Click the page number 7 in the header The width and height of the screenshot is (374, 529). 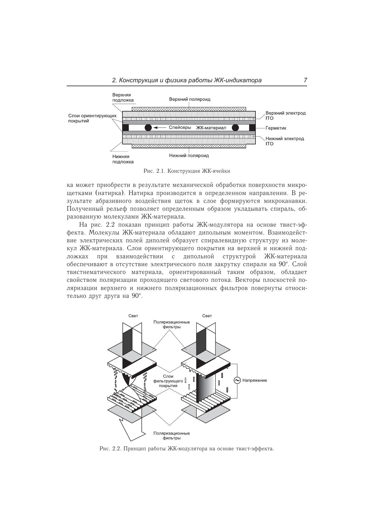pyautogui.click(x=305, y=80)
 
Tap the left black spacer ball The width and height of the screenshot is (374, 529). pyautogui.click(x=148, y=128)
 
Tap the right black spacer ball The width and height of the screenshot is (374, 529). pyautogui.click(x=235, y=128)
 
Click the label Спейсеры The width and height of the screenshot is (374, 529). pyautogui.click(x=180, y=128)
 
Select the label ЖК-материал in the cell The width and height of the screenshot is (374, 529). pyautogui.click(x=211, y=128)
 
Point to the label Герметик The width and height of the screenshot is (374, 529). pyautogui.click(x=276, y=128)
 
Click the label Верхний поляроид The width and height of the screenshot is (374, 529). pyautogui.click(x=190, y=99)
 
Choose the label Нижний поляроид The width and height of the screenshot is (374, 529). pyautogui.click(x=189, y=156)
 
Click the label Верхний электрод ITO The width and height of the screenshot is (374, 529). pyautogui.click(x=285, y=115)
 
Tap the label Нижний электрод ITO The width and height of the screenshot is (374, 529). pyautogui.click(x=284, y=141)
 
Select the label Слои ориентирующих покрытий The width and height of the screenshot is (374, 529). pyautogui.click(x=92, y=118)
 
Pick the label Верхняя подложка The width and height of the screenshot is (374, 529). pyautogui.click(x=123, y=97)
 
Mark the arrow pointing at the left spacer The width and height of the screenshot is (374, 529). pyautogui.click(x=160, y=128)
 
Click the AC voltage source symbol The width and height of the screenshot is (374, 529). pyautogui.click(x=237, y=380)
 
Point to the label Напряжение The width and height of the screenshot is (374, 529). pyautogui.click(x=255, y=380)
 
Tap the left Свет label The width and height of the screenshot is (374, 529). pyautogui.click(x=133, y=316)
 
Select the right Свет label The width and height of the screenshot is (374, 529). pyautogui.click(x=207, y=316)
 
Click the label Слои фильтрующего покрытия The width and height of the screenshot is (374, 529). pyautogui.click(x=168, y=381)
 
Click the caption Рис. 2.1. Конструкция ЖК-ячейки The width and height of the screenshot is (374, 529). pyautogui.click(x=187, y=171)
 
